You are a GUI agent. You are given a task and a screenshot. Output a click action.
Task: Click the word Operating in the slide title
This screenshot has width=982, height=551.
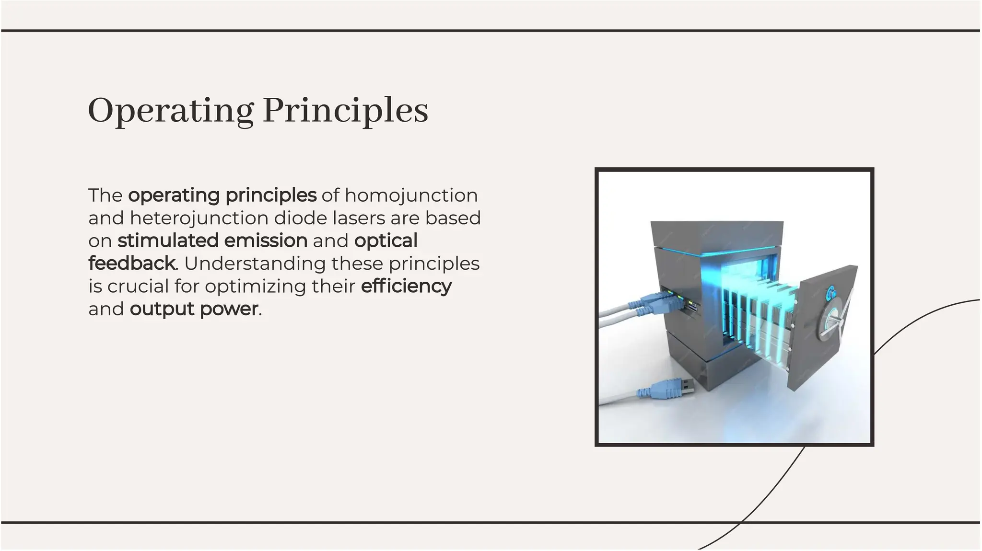click(x=170, y=111)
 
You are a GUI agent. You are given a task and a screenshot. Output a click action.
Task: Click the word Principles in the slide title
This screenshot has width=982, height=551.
click(x=345, y=111)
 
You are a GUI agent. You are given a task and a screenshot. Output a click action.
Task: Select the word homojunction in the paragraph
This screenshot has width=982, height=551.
click(x=411, y=195)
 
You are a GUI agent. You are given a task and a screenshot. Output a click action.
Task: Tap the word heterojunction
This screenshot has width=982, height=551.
click(x=199, y=218)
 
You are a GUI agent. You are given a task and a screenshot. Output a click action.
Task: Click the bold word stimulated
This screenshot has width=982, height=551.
click(x=168, y=241)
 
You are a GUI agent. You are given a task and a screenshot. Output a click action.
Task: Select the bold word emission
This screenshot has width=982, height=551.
click(x=266, y=241)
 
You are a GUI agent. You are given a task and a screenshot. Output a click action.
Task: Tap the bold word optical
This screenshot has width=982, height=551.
click(x=386, y=241)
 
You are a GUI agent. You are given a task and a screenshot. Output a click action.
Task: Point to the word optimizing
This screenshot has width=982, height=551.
click(x=256, y=287)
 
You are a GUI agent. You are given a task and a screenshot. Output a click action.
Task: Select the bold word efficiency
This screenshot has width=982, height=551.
click(x=406, y=287)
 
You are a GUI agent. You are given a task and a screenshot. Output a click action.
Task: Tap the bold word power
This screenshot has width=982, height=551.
click(x=229, y=310)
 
